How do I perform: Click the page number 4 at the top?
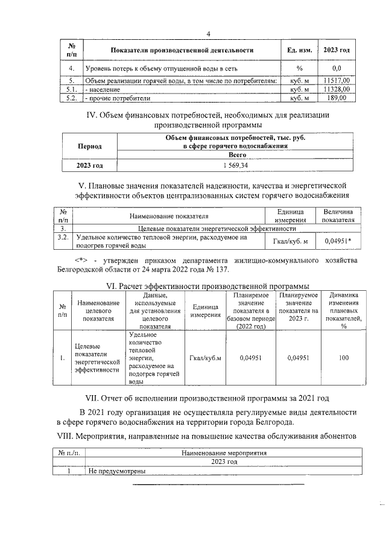(x=208, y=34)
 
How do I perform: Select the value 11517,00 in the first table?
(x=337, y=80)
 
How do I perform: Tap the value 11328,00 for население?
(x=337, y=89)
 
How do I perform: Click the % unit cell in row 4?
(x=299, y=69)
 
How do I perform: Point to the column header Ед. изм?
(x=299, y=50)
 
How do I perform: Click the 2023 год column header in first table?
(x=337, y=50)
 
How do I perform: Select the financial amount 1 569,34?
(x=236, y=165)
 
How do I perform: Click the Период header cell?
(x=89, y=147)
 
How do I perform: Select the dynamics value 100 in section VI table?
(x=344, y=358)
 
